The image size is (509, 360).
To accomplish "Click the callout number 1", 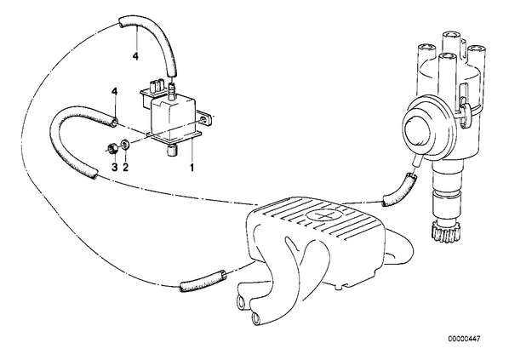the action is point(192,168).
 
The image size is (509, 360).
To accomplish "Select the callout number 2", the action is point(126,168).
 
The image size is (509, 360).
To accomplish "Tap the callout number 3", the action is point(115,168).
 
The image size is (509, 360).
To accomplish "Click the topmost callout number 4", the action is point(135,56).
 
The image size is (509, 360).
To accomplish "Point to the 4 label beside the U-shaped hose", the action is point(115,91).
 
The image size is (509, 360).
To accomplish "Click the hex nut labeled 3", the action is point(112,150).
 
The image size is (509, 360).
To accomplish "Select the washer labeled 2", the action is point(125,144).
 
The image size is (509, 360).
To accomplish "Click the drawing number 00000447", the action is point(464,340).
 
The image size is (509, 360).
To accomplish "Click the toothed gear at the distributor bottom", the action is point(442,232).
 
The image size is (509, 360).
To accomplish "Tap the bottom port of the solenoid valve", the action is point(172,151).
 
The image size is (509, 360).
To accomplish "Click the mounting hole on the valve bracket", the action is point(203,121).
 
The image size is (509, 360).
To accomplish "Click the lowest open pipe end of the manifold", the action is point(256,318).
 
